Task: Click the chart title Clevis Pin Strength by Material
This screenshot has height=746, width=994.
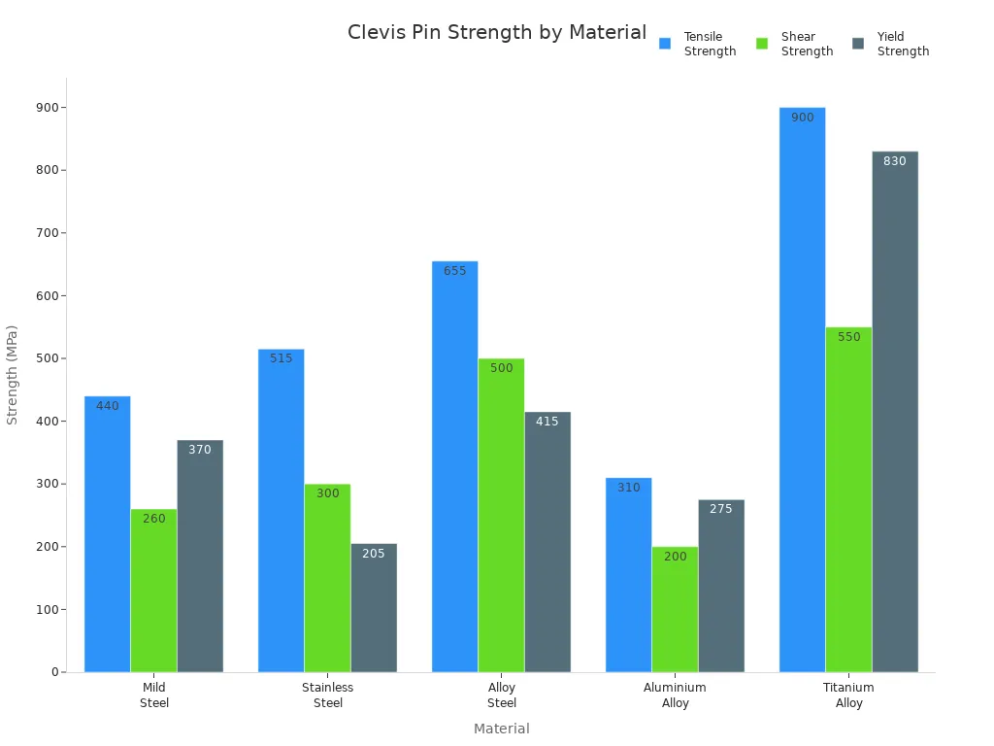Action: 496,32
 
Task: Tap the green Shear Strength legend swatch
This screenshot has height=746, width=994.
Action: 762,44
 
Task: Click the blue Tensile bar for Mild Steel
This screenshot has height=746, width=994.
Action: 107,534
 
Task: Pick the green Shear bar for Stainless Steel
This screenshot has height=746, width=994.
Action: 327,578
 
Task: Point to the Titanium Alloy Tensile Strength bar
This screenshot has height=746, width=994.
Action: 802,389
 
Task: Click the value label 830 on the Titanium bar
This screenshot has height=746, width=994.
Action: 894,161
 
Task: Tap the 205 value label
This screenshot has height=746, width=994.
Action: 374,554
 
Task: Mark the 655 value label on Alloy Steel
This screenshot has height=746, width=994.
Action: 454,271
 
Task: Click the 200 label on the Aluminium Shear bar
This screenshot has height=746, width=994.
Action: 675,557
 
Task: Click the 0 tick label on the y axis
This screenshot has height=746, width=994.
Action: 55,672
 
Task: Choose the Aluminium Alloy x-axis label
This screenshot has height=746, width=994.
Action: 675,695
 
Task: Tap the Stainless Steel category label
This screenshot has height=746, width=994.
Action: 327,695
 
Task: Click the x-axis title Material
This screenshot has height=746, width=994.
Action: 501,729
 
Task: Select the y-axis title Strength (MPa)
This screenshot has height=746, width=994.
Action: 13,374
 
